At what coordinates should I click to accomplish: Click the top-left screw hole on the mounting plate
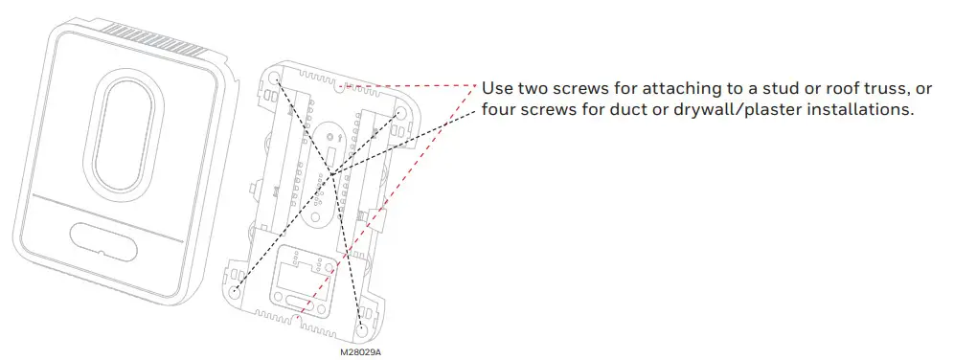click(x=275, y=77)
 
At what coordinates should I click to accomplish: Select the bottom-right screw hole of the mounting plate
click(x=361, y=326)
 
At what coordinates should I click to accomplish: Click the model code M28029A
click(x=361, y=351)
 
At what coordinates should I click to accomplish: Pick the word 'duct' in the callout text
click(x=633, y=110)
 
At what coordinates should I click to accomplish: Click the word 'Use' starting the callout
click(x=497, y=88)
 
